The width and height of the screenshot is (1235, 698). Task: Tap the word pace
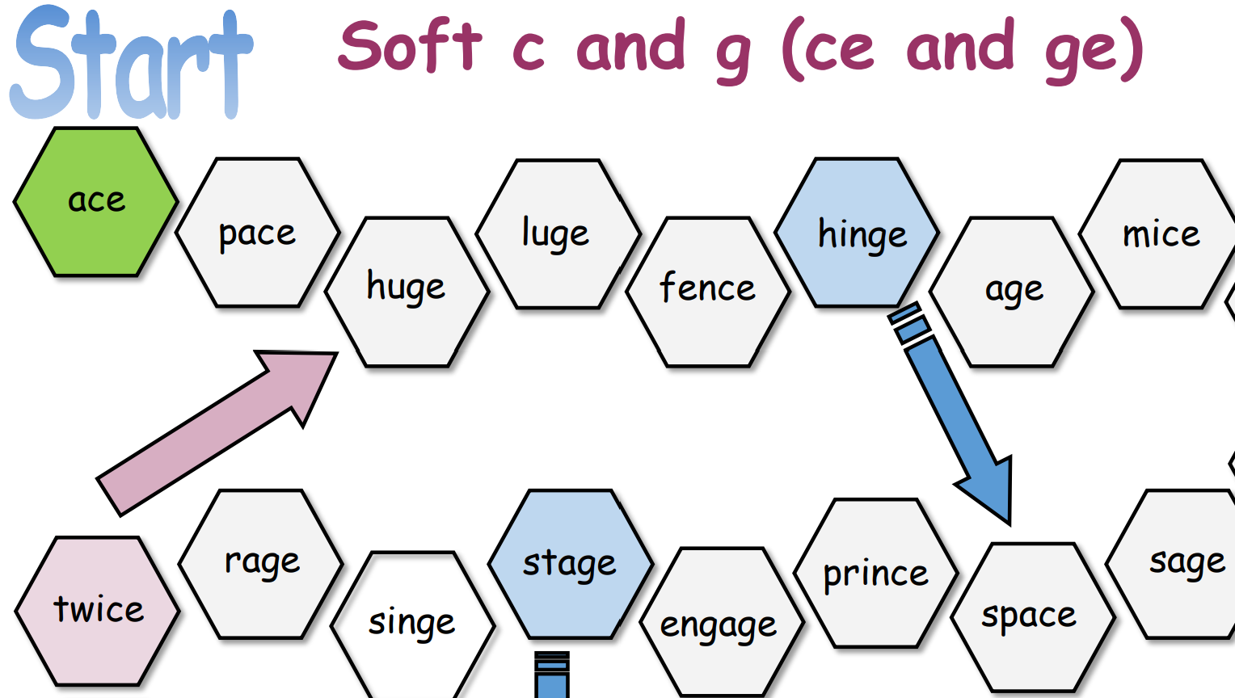[257, 233]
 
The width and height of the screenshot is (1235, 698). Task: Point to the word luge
[555, 234]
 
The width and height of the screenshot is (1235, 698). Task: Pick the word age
[1014, 290]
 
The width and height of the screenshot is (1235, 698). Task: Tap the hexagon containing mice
[1161, 234]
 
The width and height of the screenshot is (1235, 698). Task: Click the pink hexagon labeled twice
[98, 611]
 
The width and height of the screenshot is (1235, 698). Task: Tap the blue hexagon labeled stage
[570, 564]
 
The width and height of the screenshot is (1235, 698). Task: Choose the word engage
[719, 625]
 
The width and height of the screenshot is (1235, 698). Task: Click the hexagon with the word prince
[875, 574]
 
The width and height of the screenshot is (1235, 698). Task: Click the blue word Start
[129, 65]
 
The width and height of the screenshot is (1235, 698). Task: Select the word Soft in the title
[410, 47]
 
